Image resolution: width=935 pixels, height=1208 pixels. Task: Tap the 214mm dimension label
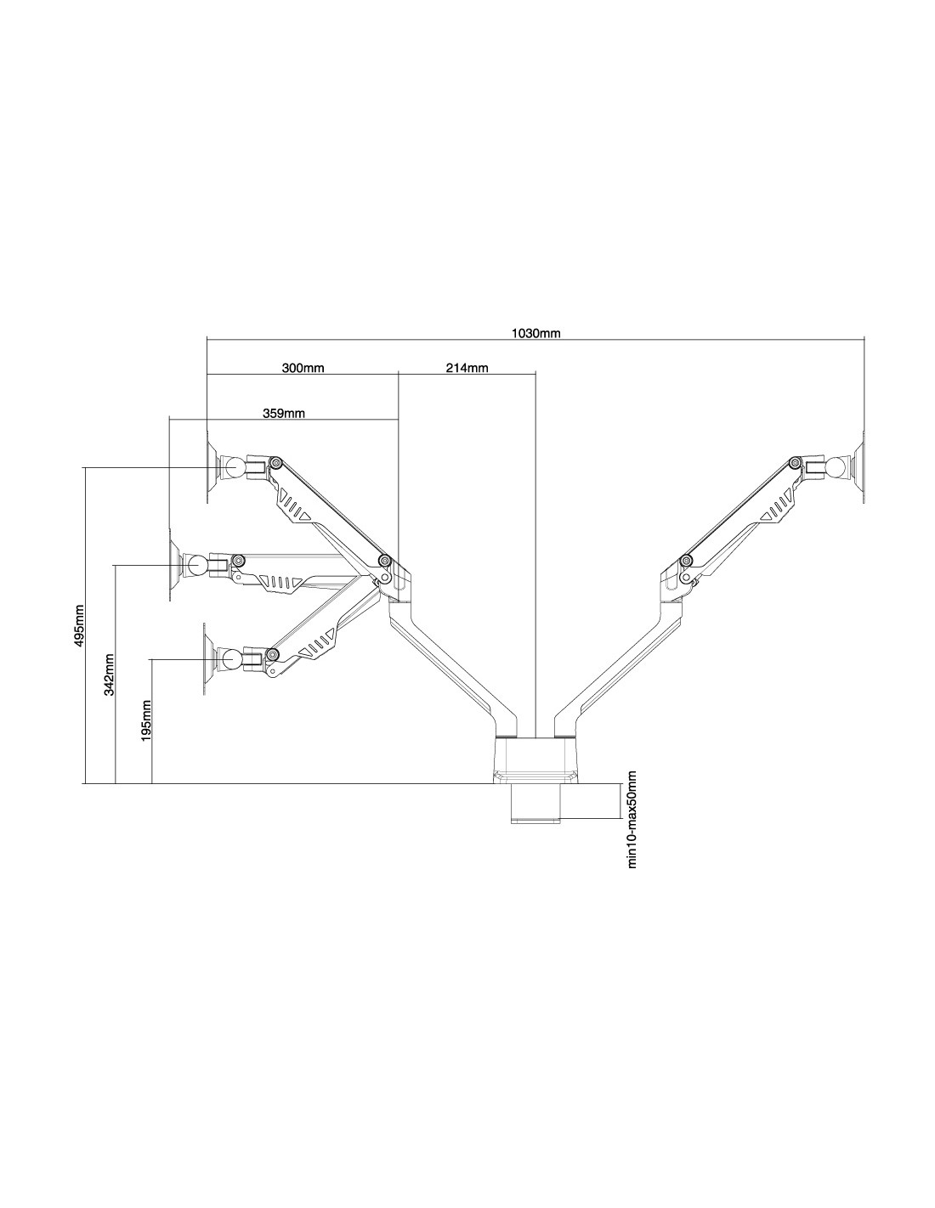tap(467, 369)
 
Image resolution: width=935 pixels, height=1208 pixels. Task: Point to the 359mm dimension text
tap(284, 414)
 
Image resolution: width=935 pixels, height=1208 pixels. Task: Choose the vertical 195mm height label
tap(147, 720)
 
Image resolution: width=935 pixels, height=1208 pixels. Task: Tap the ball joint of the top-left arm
tap(230, 467)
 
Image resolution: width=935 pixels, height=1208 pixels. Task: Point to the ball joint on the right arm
tap(837, 467)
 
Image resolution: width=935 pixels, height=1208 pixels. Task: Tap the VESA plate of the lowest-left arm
tap(205, 658)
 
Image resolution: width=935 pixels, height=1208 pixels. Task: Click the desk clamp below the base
tap(535, 803)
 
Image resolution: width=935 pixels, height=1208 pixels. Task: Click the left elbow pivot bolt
tap(384, 561)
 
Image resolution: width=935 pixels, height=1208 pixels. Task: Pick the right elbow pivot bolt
tap(686, 561)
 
